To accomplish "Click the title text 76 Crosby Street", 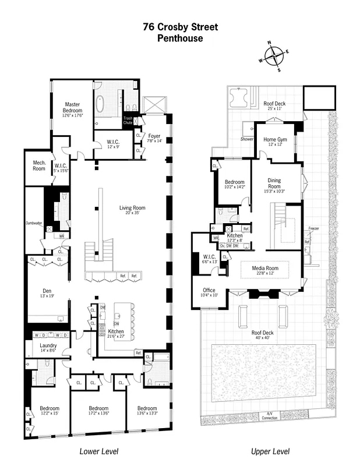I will [180, 27].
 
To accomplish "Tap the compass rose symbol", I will [273, 57].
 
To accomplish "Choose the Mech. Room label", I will [39, 165].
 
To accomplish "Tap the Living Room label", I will [132, 207].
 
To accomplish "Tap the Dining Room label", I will [274, 183].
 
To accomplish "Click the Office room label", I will [209, 290].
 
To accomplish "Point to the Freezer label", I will [313, 228].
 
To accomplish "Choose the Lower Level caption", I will [98, 451].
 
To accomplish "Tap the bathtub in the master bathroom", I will [100, 105].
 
